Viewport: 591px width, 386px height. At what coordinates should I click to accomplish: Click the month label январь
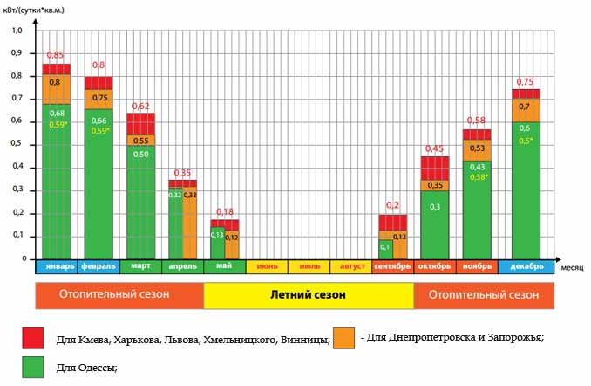pos(57,266)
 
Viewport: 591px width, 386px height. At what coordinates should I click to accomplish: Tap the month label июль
pos(309,266)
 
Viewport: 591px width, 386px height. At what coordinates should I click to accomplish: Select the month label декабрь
pos(526,266)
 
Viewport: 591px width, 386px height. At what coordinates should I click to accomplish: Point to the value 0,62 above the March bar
pos(140,107)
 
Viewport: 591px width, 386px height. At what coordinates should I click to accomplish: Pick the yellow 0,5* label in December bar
pos(526,141)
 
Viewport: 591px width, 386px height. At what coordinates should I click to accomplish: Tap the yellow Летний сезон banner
pos(309,295)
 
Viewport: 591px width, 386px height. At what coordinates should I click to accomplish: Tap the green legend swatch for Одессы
pos(33,368)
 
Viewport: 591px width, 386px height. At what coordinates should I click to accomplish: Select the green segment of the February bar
pos(98,183)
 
